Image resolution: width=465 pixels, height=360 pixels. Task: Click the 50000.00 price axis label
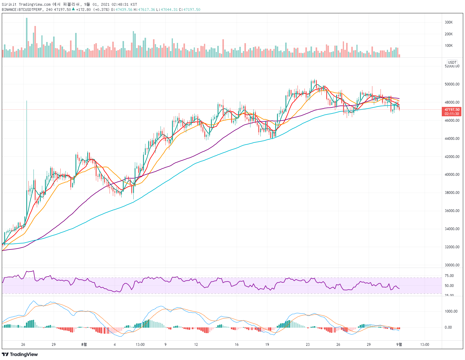452,84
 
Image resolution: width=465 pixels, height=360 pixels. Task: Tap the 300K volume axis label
448,22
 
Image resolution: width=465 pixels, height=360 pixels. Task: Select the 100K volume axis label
448,45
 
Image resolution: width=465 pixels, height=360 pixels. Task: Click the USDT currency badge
452,62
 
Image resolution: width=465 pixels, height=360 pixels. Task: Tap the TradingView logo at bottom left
20,354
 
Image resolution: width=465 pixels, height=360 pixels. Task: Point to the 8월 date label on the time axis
84,344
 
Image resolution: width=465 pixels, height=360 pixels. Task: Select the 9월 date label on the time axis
399,344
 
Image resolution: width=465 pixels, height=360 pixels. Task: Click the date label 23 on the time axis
307,344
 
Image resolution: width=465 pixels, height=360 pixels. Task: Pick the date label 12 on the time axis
196,344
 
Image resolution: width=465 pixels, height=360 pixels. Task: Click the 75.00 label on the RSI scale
449,275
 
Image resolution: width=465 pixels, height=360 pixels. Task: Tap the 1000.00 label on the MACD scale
451,311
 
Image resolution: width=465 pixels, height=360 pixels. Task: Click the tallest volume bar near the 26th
27,37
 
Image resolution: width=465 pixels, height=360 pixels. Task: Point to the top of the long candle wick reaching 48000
27,101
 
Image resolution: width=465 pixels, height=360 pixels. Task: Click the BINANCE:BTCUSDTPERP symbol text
22,10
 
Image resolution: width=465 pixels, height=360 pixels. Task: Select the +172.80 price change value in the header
84,10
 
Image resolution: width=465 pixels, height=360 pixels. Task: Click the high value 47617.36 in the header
147,10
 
